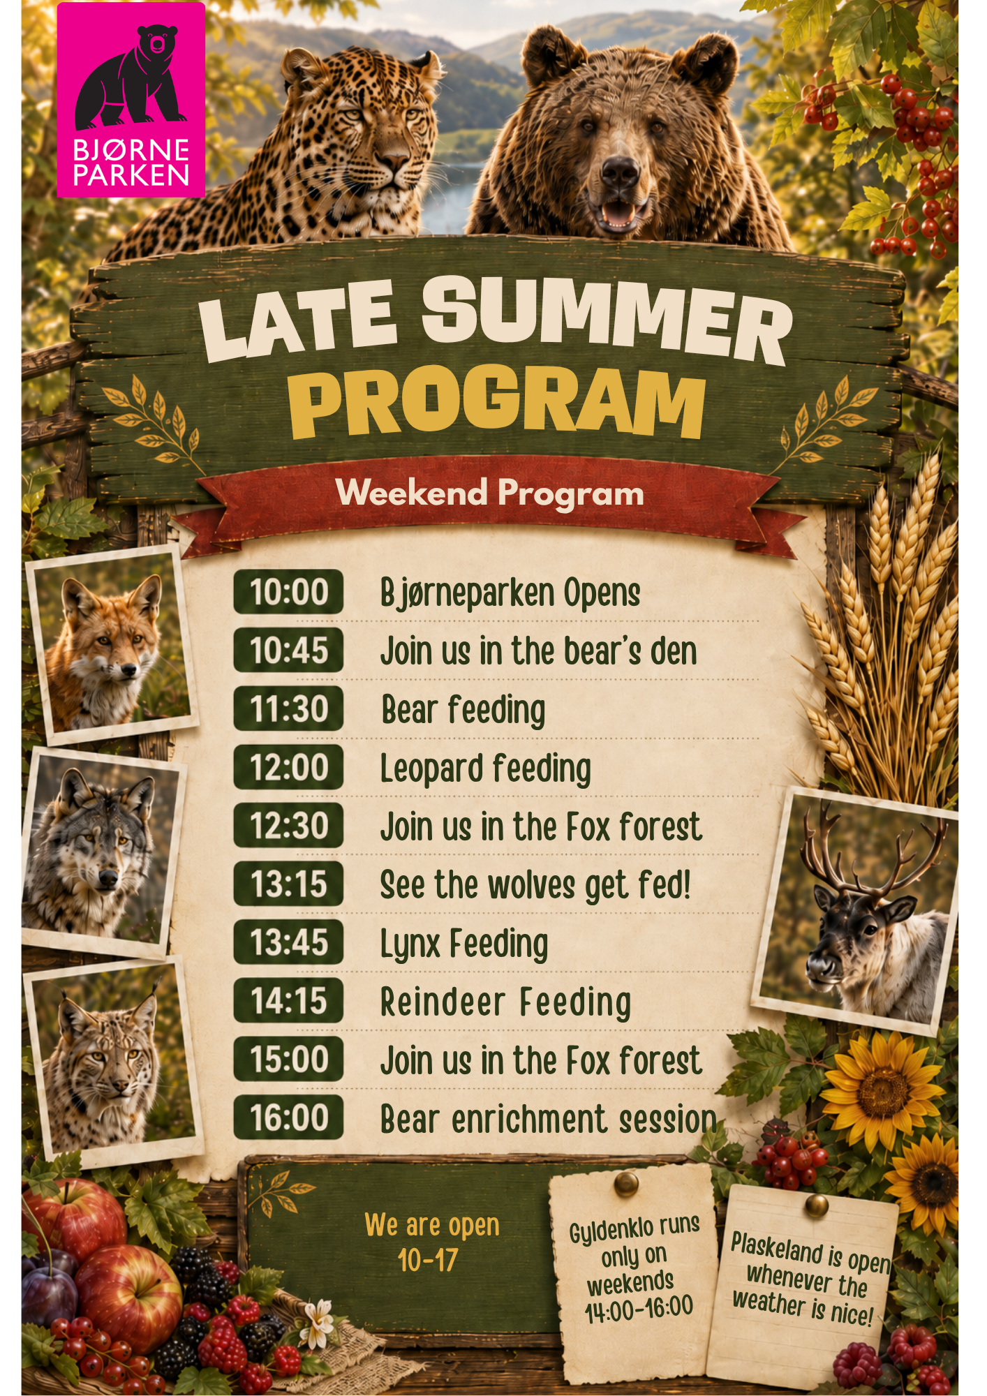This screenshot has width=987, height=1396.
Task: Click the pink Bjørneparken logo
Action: tap(131, 100)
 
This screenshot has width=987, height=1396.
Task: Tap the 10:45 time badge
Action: tap(288, 650)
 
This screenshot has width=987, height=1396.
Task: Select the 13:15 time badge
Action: tap(288, 884)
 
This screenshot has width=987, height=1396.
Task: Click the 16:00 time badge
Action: tap(288, 1117)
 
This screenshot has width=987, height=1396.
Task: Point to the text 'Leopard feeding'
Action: tap(486, 769)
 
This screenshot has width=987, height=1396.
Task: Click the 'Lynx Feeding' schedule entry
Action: tap(464, 944)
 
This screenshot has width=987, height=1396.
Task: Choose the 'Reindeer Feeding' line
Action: tap(506, 1002)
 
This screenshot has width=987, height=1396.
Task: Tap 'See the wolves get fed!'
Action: tap(535, 885)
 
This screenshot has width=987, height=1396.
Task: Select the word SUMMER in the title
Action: tap(607, 320)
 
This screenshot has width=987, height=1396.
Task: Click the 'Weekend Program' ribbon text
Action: tap(490, 493)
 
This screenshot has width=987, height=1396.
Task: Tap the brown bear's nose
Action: tap(620, 171)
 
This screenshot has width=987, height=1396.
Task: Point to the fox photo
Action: tap(112, 646)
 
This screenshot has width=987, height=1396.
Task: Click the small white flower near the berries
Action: tap(320, 1316)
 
